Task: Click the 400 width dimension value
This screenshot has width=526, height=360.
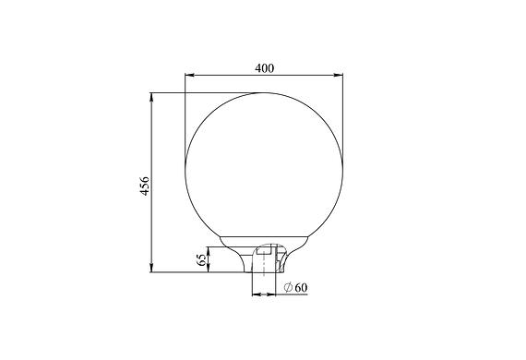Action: coord(264,68)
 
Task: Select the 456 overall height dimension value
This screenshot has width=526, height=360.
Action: coord(145,186)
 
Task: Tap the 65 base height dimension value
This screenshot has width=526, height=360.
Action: coord(201,259)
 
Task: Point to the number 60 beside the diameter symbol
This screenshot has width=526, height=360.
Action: coord(301,287)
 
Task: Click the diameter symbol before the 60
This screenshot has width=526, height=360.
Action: coord(288,287)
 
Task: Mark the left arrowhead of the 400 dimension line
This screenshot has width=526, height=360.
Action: coord(190,75)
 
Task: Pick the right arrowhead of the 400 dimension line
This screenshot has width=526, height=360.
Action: coord(338,75)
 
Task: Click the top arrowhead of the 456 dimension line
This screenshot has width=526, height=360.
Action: coord(151,97)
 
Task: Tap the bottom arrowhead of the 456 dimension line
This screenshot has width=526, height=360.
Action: coord(151,268)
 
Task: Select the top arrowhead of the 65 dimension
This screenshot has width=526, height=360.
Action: coord(209,251)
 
